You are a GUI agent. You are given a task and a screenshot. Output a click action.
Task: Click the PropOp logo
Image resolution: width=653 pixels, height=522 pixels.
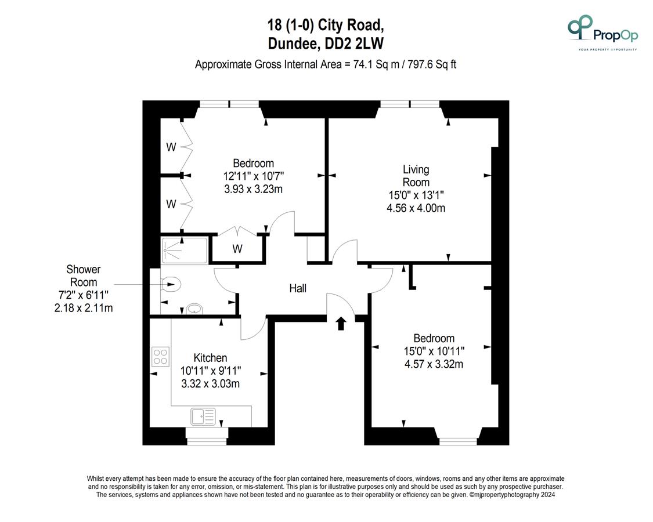coord(603,32)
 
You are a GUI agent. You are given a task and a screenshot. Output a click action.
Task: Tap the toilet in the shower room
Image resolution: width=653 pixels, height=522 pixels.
coord(171,284)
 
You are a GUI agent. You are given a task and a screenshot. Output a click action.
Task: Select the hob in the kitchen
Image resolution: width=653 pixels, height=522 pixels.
coord(161,357)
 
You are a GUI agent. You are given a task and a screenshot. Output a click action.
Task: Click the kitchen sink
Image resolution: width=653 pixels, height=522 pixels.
coord(203,416)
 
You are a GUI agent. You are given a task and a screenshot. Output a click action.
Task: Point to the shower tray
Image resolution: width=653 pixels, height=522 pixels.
coord(184,250)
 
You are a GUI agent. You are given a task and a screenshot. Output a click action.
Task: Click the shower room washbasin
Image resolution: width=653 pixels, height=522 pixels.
coord(194,309)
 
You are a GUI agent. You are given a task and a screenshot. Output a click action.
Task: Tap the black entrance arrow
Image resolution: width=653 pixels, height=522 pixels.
coord(341,324)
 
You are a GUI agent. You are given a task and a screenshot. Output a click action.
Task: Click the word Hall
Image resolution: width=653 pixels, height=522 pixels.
coord(298,288)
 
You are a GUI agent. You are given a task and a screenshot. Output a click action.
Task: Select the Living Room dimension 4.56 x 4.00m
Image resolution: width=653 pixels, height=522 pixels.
coord(416,208)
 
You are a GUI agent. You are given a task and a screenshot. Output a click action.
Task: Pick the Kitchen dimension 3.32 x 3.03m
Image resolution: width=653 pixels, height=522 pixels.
coord(210,383)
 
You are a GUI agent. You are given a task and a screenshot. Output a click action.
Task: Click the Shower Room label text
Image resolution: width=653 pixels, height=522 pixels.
coord(83,275)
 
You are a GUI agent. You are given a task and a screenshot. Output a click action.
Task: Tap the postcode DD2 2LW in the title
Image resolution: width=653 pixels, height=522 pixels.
coord(354,43)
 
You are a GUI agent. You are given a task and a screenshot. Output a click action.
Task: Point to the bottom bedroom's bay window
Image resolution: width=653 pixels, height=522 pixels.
coord(458,441)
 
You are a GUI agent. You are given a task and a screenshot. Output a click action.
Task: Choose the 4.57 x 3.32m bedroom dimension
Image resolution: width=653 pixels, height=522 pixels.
coord(434,364)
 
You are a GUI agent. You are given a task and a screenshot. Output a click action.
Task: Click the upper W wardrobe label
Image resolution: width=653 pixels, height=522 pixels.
coord(171,147)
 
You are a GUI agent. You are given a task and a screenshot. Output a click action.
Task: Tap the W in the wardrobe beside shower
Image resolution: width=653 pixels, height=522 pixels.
coord(237,249)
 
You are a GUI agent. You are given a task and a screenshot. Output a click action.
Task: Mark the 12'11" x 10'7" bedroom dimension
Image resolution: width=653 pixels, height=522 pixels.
coord(253,176)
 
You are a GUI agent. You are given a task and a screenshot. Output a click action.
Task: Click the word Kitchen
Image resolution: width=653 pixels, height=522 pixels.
coord(210,358)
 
